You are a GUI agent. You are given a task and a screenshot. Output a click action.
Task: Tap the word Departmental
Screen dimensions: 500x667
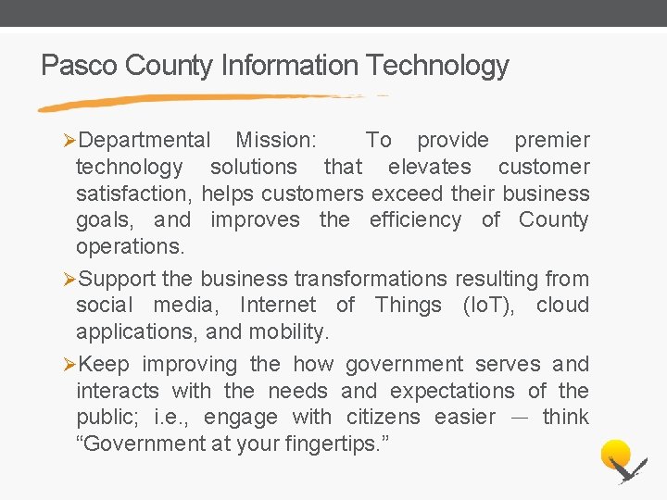pos(145,141)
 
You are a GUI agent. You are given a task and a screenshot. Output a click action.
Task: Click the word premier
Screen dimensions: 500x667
pos(552,141)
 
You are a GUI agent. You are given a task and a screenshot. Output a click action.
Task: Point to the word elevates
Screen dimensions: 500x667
pos(429,168)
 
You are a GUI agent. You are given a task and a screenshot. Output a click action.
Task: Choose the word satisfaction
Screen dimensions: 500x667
pos(133,194)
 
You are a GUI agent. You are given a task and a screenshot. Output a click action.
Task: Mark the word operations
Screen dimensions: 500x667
pos(131,247)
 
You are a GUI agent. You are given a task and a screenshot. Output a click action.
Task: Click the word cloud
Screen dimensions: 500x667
pos(562,306)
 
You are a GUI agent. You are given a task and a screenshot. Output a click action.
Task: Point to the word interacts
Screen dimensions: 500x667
pos(118,391)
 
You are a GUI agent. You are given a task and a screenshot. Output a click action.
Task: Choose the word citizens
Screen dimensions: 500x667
pos(382,418)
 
